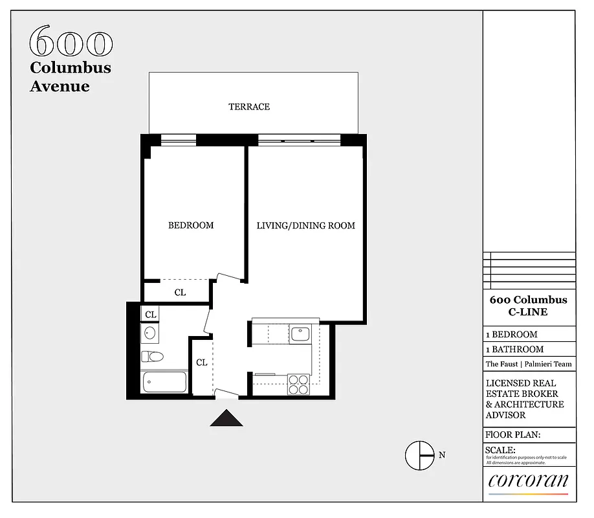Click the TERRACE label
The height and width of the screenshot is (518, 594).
[249, 107]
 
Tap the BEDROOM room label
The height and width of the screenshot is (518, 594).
[191, 226]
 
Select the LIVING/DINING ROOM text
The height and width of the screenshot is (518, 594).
[305, 226]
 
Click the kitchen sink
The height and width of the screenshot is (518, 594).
[300, 334]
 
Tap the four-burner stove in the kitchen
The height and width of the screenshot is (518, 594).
[298, 385]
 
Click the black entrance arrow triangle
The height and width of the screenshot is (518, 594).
[226, 419]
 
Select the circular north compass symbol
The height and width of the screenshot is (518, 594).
[419, 455]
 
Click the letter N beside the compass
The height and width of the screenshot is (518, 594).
[442, 455]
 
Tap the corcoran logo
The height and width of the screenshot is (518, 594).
[528, 481]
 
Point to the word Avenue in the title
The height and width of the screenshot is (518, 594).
[60, 86]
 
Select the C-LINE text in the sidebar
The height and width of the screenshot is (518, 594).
[528, 312]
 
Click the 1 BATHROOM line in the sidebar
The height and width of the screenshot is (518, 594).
[515, 350]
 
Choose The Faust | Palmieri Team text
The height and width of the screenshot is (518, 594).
[528, 365]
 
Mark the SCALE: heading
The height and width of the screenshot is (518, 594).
[500, 450]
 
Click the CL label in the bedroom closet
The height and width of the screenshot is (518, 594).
[180, 293]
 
